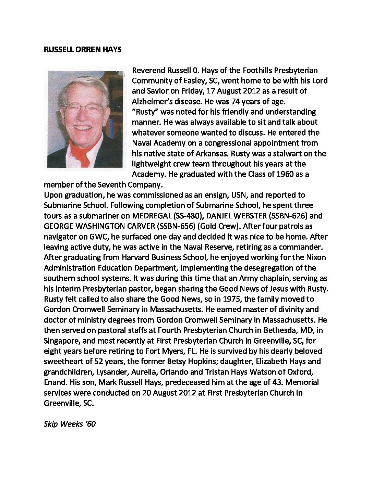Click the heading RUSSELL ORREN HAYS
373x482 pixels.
coord(83,50)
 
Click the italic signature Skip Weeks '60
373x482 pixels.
coord(70,424)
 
